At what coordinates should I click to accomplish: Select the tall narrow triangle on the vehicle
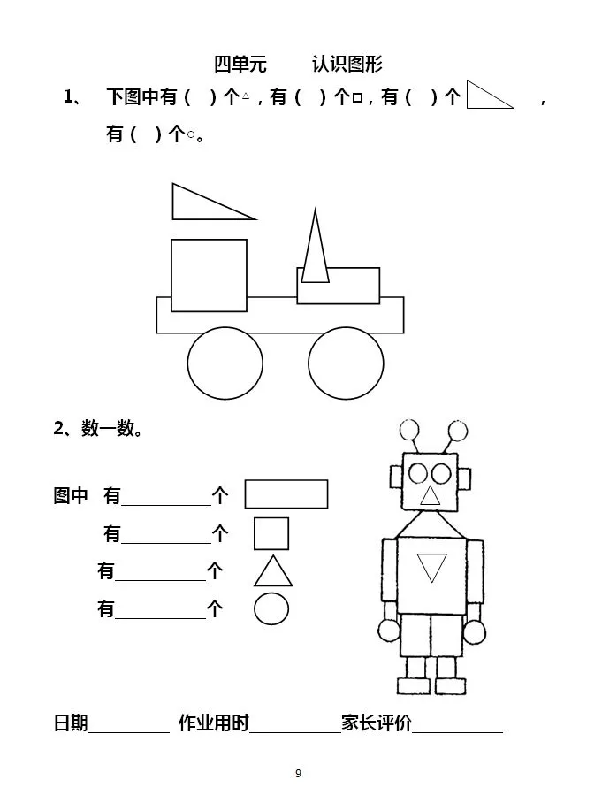tap(316, 246)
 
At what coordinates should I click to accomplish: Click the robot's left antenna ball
tap(409, 430)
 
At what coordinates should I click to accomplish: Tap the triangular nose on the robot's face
tap(430, 495)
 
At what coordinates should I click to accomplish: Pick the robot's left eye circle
tap(418, 474)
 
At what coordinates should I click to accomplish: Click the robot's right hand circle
tap(475, 631)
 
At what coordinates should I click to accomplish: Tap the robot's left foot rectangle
tap(414, 686)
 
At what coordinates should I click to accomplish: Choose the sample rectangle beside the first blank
tap(286, 494)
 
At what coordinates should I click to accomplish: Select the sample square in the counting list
tap(271, 533)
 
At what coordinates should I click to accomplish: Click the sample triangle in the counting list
tap(273, 571)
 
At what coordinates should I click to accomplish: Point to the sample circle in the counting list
tap(271, 609)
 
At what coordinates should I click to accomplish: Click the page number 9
tap(299, 773)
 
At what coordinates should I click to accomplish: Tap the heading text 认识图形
tap(347, 64)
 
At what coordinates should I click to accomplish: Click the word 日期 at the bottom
tap(71, 723)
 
